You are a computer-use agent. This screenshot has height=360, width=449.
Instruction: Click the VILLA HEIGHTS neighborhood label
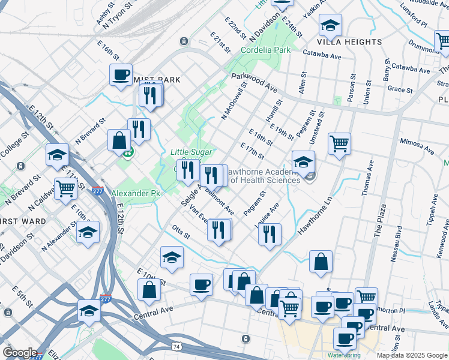[x=349, y=42]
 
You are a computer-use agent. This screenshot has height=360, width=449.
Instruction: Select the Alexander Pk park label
[x=136, y=194]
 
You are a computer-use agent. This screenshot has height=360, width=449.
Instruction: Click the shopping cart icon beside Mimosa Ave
[x=339, y=144]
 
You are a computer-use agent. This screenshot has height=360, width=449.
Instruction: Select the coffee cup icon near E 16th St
[x=121, y=75]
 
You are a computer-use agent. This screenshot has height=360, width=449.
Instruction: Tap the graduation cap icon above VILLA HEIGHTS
[x=330, y=25]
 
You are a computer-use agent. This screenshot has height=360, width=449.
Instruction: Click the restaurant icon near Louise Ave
[x=270, y=233]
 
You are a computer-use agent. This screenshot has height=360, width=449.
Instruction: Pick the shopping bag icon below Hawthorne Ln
[x=321, y=262]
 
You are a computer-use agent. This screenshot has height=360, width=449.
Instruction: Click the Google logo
[x=20, y=353]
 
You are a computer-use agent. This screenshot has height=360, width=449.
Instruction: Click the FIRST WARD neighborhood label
[x=23, y=221]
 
